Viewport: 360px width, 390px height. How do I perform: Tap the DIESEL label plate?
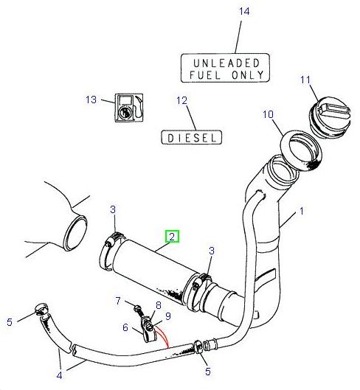pos(191,137)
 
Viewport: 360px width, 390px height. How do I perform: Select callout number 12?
pos(182,100)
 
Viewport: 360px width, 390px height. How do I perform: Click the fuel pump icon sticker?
pos(128,108)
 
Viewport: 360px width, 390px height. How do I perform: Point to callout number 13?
pos(91,100)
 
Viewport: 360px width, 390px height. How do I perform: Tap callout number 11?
pos(304,79)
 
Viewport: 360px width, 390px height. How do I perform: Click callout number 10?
pos(268,114)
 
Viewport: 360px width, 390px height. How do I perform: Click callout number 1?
pos(300,212)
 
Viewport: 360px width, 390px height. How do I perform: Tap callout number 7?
pos(118,300)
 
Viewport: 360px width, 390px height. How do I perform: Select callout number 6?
pos(126,327)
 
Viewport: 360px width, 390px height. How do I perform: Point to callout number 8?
pos(158,305)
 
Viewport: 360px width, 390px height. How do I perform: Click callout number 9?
pos(168,316)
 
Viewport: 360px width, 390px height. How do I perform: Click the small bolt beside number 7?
pos(137,305)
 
